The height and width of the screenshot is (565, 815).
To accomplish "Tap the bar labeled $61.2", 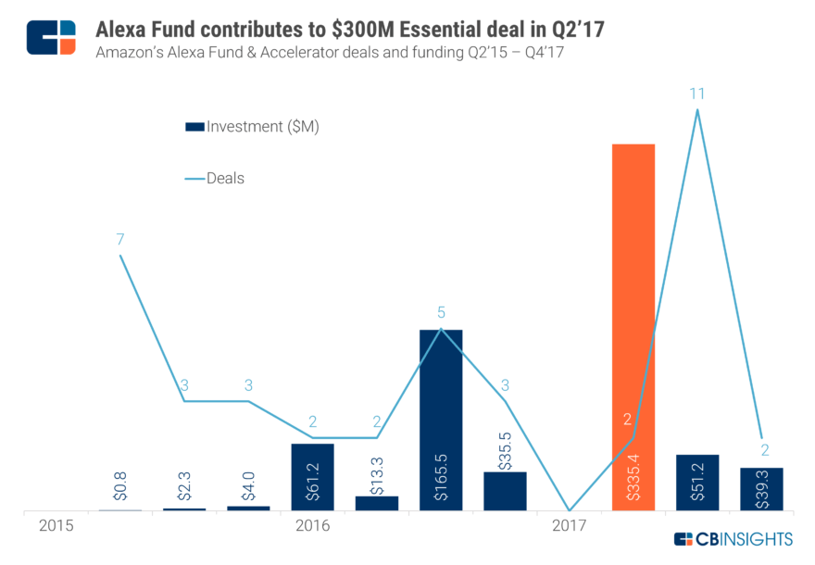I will click(312, 476).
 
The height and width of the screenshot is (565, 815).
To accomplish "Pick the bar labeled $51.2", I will click(697, 482).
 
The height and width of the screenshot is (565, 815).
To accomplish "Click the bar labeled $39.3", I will click(761, 488).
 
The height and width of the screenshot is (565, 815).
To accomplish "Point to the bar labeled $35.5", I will click(505, 491).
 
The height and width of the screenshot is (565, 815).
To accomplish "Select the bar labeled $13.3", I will click(377, 503).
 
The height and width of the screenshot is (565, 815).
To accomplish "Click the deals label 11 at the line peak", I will click(696, 93).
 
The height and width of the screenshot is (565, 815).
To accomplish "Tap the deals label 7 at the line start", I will click(120, 239).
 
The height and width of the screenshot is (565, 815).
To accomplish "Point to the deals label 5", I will click(441, 313).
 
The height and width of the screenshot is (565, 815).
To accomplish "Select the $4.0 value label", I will click(248, 487).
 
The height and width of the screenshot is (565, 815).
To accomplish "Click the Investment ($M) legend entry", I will click(252, 127).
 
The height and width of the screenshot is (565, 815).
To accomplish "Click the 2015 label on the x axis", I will click(56, 526).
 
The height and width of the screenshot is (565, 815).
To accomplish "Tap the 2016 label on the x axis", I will click(312, 526).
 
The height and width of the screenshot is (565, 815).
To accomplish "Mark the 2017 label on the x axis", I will click(569, 526).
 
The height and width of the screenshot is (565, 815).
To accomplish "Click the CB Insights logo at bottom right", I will click(733, 539).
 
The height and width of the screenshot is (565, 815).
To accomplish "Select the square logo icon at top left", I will click(51, 36).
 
